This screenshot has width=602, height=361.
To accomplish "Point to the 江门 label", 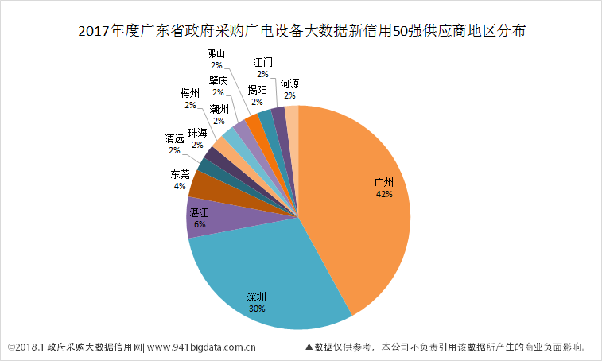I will pyautogui.click(x=262, y=62).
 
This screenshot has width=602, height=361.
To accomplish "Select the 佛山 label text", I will pyautogui.click(x=216, y=54).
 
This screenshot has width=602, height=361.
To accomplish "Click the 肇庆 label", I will pyautogui.click(x=218, y=80).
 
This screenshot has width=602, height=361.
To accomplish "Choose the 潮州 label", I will pyautogui.click(x=219, y=109).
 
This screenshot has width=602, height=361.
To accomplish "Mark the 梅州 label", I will pyautogui.click(x=190, y=93).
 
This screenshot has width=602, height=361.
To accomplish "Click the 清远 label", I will pyautogui.click(x=174, y=138).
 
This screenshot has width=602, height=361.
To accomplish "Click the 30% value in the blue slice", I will pyautogui.click(x=256, y=309).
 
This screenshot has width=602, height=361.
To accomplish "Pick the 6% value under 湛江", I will pyautogui.click(x=199, y=224).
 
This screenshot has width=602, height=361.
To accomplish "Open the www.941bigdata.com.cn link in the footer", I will pyautogui.click(x=202, y=347).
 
